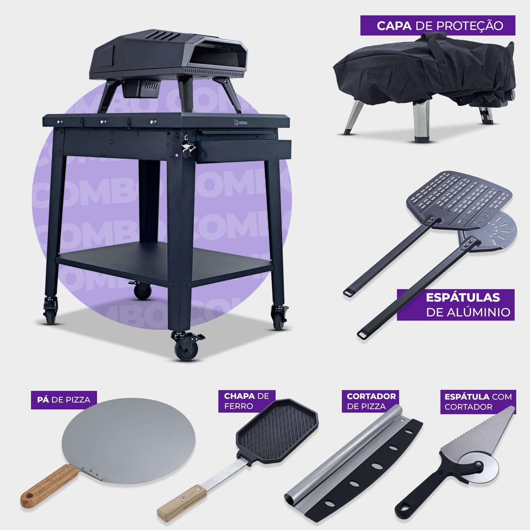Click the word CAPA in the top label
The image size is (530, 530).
(394, 26)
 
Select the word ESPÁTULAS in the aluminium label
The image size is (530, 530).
(463, 297)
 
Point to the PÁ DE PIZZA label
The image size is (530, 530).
(64, 400)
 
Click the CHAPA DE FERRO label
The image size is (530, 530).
(247, 401)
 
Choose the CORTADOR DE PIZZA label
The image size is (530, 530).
(370, 401)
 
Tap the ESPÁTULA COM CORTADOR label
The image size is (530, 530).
(478, 402)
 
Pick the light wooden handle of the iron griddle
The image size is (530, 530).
(182, 503)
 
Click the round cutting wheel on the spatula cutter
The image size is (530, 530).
(480, 466)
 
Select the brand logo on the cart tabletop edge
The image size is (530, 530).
(240, 123)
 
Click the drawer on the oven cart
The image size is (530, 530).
(243, 151)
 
